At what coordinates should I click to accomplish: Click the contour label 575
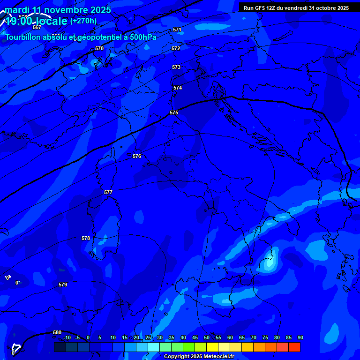(174, 113)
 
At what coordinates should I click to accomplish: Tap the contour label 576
(137, 156)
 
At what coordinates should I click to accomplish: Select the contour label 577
(108, 193)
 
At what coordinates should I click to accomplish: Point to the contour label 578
(86, 239)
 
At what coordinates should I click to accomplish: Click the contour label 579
(63, 285)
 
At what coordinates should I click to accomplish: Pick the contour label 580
(57, 333)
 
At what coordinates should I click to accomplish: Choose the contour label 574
(178, 88)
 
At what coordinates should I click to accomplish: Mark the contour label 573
(176, 67)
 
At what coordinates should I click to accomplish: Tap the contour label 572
(176, 49)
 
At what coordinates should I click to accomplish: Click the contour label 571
(177, 30)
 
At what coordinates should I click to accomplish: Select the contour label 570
(99, 49)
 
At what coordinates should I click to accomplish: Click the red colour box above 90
(294, 347)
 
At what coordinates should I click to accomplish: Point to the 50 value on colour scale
(207, 338)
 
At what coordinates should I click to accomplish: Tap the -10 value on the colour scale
(67, 338)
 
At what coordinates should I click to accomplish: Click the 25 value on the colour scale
(148, 338)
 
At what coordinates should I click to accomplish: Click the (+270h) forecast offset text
(83, 21)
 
